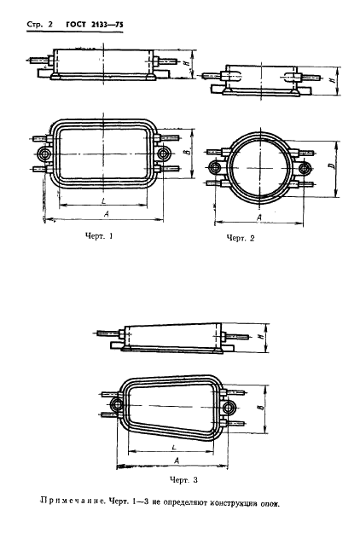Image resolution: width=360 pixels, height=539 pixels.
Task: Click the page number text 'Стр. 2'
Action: (32, 26)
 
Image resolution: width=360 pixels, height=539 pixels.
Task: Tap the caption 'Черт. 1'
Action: (98, 235)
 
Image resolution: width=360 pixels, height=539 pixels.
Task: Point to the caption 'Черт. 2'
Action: (241, 238)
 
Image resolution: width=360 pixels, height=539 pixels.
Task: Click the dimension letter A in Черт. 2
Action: (256, 217)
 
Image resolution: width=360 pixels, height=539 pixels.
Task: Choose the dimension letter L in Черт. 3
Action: (172, 447)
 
